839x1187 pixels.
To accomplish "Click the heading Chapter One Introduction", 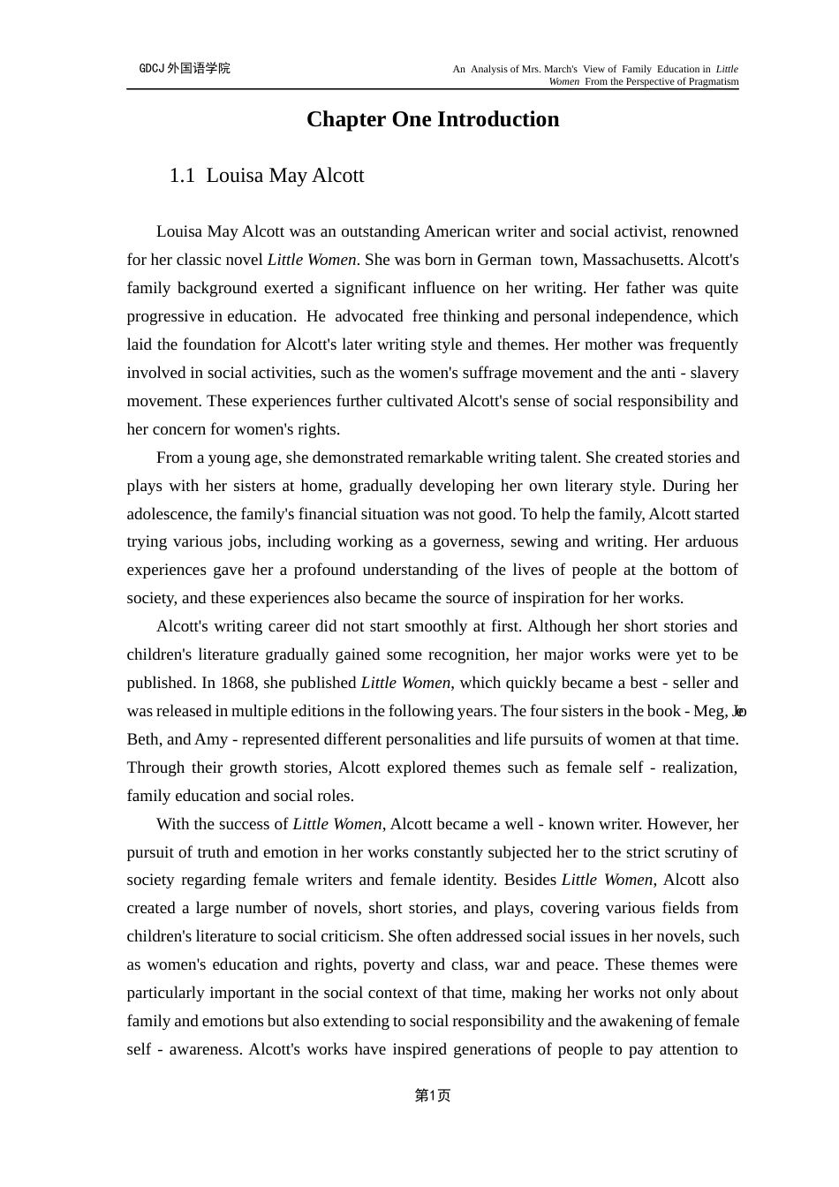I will click(x=433, y=120).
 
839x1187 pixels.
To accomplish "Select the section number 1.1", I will click(x=182, y=176).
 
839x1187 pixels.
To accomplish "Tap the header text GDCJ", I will click(x=152, y=69).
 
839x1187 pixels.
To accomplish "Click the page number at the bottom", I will click(x=433, y=1095).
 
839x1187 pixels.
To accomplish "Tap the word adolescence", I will click(x=169, y=514).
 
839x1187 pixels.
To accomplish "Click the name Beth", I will click(x=143, y=739).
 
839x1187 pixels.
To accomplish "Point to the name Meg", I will click(x=709, y=711).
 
